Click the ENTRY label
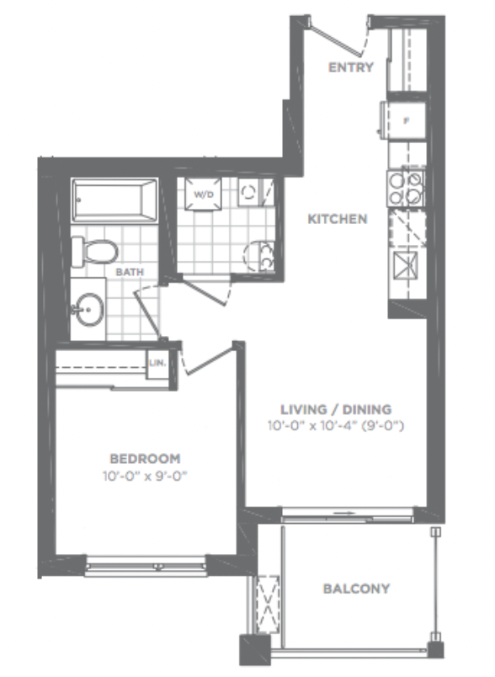pyautogui.click(x=350, y=67)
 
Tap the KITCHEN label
pyautogui.click(x=338, y=219)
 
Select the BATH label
pyautogui.click(x=130, y=272)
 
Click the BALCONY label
pyautogui.click(x=356, y=589)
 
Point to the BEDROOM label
pyautogui.click(x=145, y=459)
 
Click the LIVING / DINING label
pyautogui.click(x=336, y=409)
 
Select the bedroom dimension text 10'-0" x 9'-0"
pyautogui.click(x=145, y=477)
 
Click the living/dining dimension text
pyautogui.click(x=336, y=426)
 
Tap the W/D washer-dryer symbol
pyautogui.click(x=203, y=195)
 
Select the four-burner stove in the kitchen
pyautogui.click(x=406, y=189)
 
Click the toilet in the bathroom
pyautogui.click(x=94, y=251)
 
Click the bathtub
pyautogui.click(x=114, y=200)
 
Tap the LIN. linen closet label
pyautogui.click(x=157, y=363)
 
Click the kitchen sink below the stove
pyautogui.click(x=406, y=265)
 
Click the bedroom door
pyautogui.click(x=210, y=360)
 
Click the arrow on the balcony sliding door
pyautogui.click(x=344, y=514)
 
